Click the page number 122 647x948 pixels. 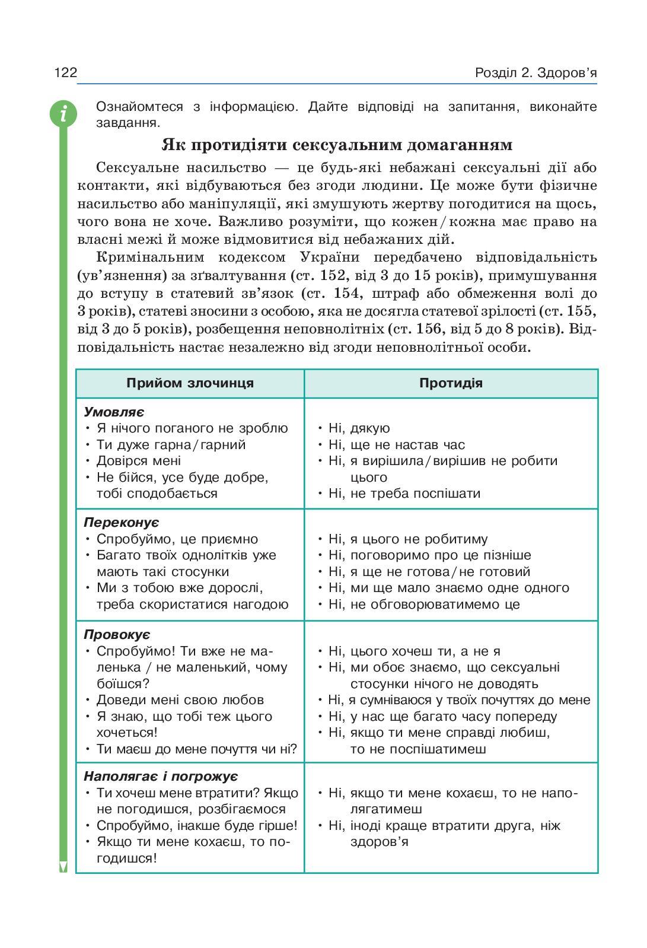(66, 73)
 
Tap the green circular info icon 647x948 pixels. (63, 113)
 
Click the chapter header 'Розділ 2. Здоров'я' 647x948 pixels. (535, 73)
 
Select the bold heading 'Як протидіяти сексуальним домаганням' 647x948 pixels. (337, 145)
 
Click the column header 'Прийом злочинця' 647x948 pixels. (190, 383)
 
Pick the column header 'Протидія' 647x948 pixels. (451, 383)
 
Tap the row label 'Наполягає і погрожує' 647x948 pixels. (161, 777)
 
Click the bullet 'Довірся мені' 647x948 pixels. (139, 461)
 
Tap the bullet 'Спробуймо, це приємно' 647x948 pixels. (177, 539)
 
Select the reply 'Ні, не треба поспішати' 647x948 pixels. (404, 494)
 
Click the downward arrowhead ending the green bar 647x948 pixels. (63, 867)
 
